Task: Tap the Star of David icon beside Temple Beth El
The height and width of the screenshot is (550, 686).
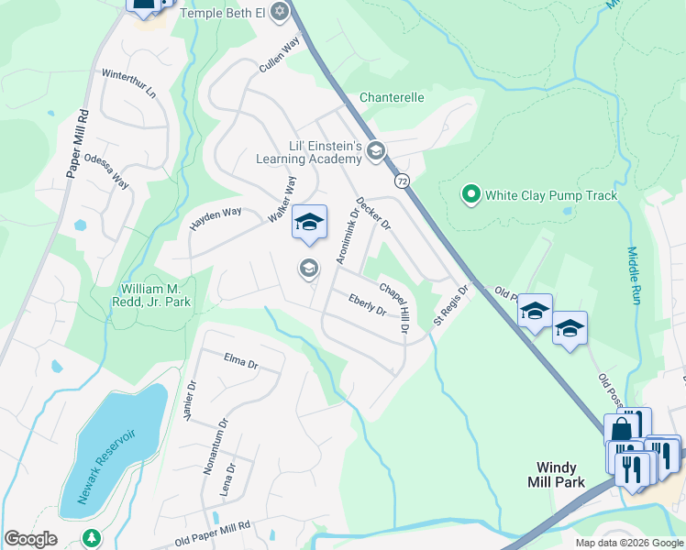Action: (280, 13)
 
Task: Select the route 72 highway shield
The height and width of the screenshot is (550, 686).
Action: (403, 182)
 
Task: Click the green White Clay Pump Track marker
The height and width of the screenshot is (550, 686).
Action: (470, 194)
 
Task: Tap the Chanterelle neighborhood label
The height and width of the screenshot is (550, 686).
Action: (392, 96)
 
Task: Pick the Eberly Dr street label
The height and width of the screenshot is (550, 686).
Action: (367, 304)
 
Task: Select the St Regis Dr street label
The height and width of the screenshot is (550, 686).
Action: (450, 304)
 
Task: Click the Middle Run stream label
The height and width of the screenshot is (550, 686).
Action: (633, 275)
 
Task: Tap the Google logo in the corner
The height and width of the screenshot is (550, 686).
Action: (30, 539)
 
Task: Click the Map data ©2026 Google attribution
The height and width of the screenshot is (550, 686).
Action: (628, 543)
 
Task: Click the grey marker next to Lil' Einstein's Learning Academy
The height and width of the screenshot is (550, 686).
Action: (374, 151)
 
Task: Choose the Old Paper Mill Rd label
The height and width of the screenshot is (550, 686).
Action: (212, 533)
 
